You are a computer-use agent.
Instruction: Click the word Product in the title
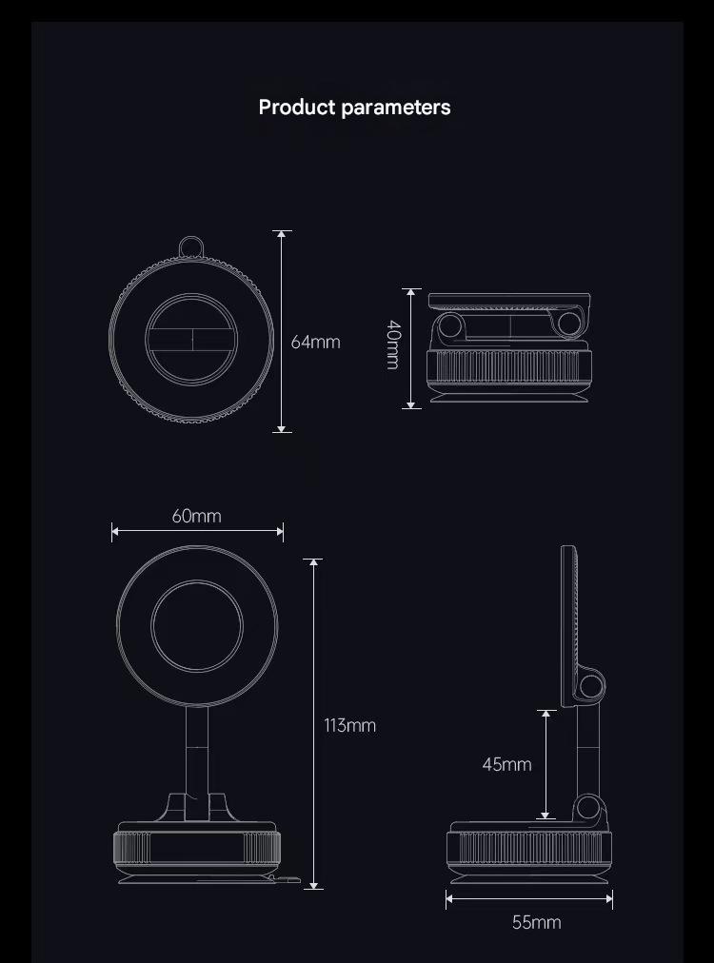coord(297,108)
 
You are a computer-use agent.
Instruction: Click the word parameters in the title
coord(396,108)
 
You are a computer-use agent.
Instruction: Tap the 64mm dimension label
coord(315,342)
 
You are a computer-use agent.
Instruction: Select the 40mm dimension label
coord(393,344)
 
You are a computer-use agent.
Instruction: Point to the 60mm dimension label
coord(197,516)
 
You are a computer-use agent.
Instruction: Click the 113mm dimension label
coord(349,725)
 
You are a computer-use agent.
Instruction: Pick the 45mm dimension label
coord(506,764)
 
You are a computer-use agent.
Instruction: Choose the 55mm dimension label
coord(536,922)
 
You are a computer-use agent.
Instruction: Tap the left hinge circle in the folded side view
coord(451,325)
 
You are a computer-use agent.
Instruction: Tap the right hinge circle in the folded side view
coord(569,324)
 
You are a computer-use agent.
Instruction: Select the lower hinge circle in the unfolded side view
coord(588,807)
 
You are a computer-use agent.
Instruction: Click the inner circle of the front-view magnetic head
coord(197,626)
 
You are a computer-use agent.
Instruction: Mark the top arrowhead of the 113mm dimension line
coord(313,562)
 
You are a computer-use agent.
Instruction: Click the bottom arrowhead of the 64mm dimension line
coord(282,428)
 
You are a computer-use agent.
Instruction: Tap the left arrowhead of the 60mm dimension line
coord(115,531)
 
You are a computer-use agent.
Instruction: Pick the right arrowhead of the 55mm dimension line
coord(608,898)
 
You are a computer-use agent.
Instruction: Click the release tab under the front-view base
coord(284,879)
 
